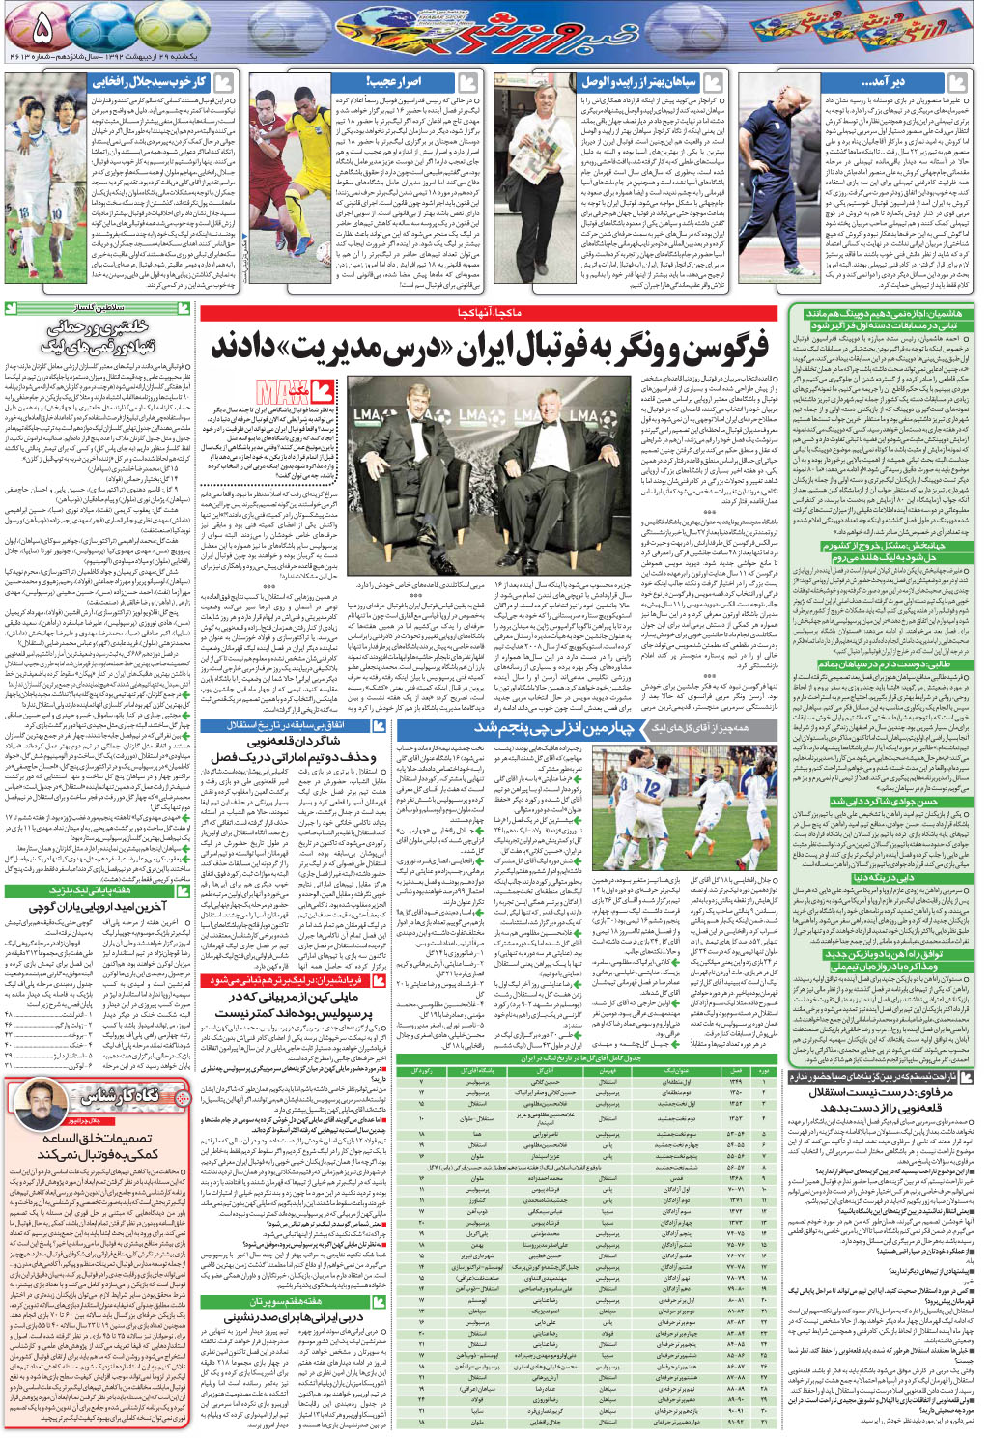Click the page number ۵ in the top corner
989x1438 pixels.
(41, 28)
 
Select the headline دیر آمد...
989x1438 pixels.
(883, 82)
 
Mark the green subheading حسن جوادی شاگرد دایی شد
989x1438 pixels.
(883, 801)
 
